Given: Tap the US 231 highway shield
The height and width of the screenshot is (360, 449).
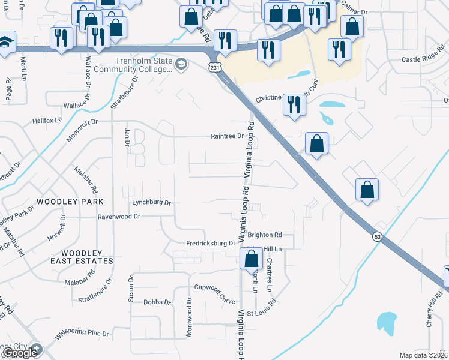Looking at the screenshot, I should pyautogui.click(x=215, y=68).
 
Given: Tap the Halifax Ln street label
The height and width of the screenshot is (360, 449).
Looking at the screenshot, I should pyautogui.click(x=50, y=120).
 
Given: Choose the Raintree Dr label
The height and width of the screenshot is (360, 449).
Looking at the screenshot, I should pyautogui.click(x=227, y=136).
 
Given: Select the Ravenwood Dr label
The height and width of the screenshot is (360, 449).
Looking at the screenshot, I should pyautogui.click(x=119, y=216).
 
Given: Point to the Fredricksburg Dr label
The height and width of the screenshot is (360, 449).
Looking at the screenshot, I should pyautogui.click(x=210, y=243).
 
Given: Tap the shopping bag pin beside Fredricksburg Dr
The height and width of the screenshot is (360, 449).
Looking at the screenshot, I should pyautogui.click(x=252, y=260).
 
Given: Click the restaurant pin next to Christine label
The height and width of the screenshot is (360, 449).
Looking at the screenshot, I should pyautogui.click(x=294, y=104).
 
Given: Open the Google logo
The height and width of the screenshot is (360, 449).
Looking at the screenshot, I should pyautogui.click(x=20, y=353).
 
